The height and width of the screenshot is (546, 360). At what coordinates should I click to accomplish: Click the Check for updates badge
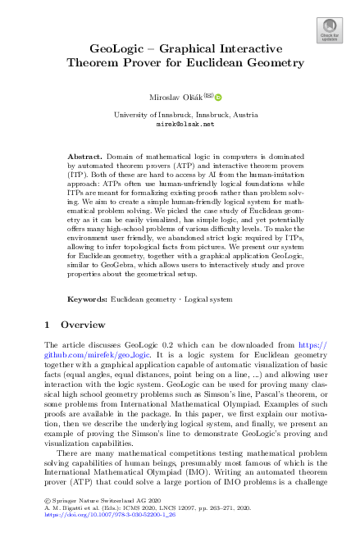click(x=329, y=30)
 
